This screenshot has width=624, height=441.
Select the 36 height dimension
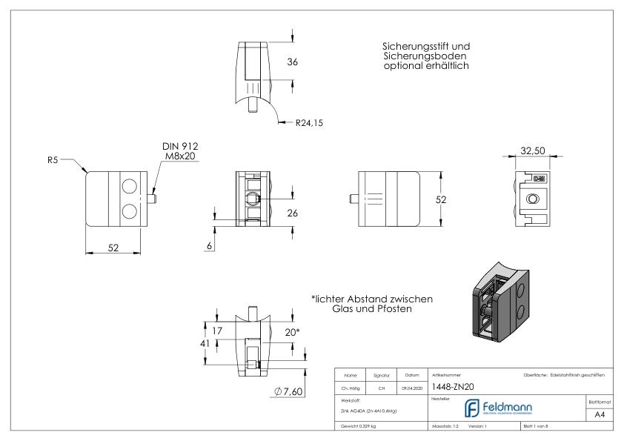292,64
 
